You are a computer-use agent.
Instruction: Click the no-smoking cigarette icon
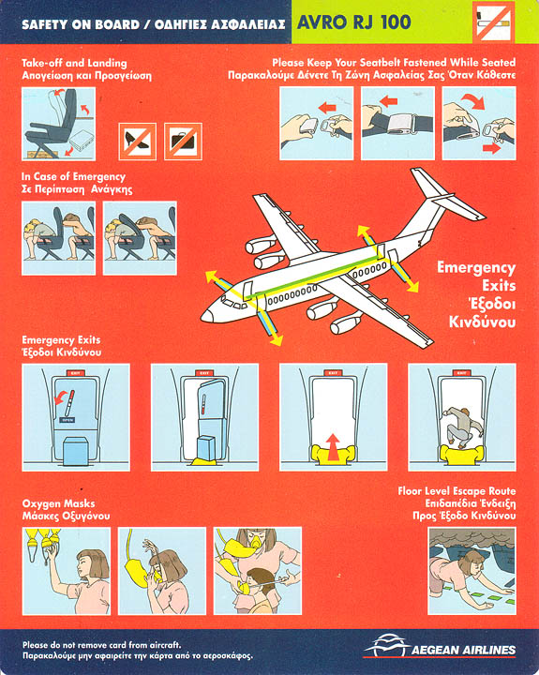[493, 22]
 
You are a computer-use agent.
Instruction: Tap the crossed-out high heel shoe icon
[138, 142]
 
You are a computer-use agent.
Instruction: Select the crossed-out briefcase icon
[183, 142]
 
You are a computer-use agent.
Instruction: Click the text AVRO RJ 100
[354, 22]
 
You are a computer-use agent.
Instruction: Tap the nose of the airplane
[206, 316]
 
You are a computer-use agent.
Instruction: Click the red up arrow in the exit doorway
[333, 447]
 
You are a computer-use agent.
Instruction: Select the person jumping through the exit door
[464, 427]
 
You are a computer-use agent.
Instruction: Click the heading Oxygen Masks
[58, 503]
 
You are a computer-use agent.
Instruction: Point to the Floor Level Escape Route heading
[457, 491]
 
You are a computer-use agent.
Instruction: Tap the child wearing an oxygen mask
[254, 589]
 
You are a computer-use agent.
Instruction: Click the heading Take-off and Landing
[74, 64]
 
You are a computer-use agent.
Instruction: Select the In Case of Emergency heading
[74, 176]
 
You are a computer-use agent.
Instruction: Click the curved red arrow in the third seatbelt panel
[474, 100]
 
